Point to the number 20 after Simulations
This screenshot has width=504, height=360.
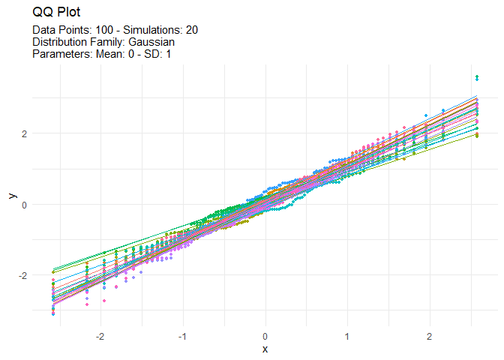click(x=192, y=30)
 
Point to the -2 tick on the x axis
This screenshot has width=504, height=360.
click(x=100, y=336)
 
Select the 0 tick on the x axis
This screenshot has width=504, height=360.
click(x=265, y=336)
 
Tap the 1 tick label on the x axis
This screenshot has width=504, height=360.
click(x=347, y=336)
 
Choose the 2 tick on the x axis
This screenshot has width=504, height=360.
click(x=429, y=336)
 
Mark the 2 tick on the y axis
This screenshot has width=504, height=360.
click(x=24, y=133)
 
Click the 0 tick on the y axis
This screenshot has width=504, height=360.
click(x=24, y=205)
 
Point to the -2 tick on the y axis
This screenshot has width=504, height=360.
click(x=22, y=275)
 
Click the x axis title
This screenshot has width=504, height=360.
click(x=265, y=349)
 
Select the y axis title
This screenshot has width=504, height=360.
click(x=11, y=196)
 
